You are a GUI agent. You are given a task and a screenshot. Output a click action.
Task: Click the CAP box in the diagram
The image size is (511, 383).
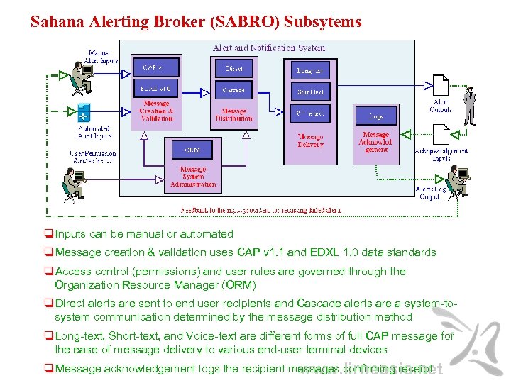[155, 68]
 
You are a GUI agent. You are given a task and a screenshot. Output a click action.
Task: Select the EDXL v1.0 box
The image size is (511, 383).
[155, 89]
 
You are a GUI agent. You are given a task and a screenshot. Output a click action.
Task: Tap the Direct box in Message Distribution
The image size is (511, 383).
[233, 69]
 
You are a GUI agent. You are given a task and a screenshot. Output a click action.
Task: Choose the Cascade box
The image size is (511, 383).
[233, 90]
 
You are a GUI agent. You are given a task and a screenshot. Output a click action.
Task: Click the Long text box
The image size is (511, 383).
[310, 70]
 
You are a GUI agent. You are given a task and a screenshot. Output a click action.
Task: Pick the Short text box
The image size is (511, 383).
[310, 92]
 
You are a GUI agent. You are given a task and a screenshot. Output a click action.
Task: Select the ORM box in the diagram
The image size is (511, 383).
[192, 150]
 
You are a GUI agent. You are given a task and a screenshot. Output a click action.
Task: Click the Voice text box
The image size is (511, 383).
[310, 113]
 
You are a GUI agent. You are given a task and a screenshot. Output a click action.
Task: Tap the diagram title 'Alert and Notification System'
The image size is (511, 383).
[269, 48]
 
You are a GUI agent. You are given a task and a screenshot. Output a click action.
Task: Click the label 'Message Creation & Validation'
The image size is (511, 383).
[156, 111]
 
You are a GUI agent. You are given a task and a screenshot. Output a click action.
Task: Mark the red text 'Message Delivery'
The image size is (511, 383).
[310, 140]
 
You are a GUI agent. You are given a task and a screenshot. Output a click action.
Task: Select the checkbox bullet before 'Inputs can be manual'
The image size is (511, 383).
[48, 234]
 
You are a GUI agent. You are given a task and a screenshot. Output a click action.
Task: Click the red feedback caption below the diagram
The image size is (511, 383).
[260, 210]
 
